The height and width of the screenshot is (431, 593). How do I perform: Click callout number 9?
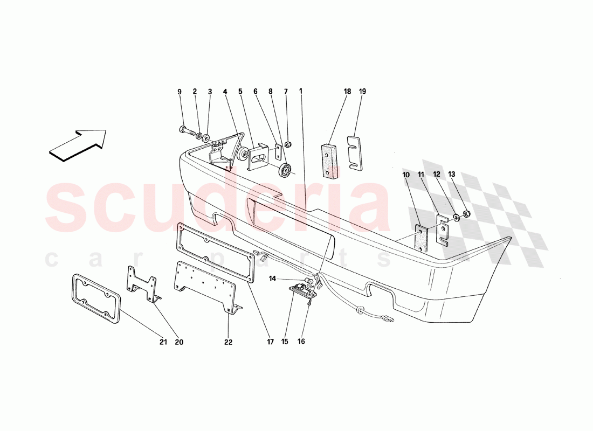click(x=180, y=92)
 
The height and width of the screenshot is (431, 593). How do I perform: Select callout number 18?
click(x=348, y=92)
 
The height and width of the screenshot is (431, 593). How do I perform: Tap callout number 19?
click(x=362, y=92)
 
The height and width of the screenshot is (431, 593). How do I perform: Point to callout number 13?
click(x=452, y=175)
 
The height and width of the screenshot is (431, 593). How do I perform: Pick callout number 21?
click(x=163, y=342)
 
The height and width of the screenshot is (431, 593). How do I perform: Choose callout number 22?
click(x=228, y=342)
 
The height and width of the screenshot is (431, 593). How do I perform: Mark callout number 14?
click(x=273, y=279)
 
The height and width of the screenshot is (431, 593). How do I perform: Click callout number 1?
click(x=301, y=92)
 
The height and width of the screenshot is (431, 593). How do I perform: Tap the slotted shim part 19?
click(x=355, y=153)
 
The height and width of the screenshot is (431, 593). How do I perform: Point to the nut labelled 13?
click(x=466, y=214)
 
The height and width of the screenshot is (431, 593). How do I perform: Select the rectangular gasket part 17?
click(x=216, y=252)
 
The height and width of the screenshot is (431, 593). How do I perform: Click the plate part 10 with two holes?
click(x=420, y=238)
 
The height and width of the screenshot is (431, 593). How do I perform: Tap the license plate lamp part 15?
click(x=303, y=290)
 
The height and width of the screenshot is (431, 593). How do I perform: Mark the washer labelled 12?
click(x=457, y=217)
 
